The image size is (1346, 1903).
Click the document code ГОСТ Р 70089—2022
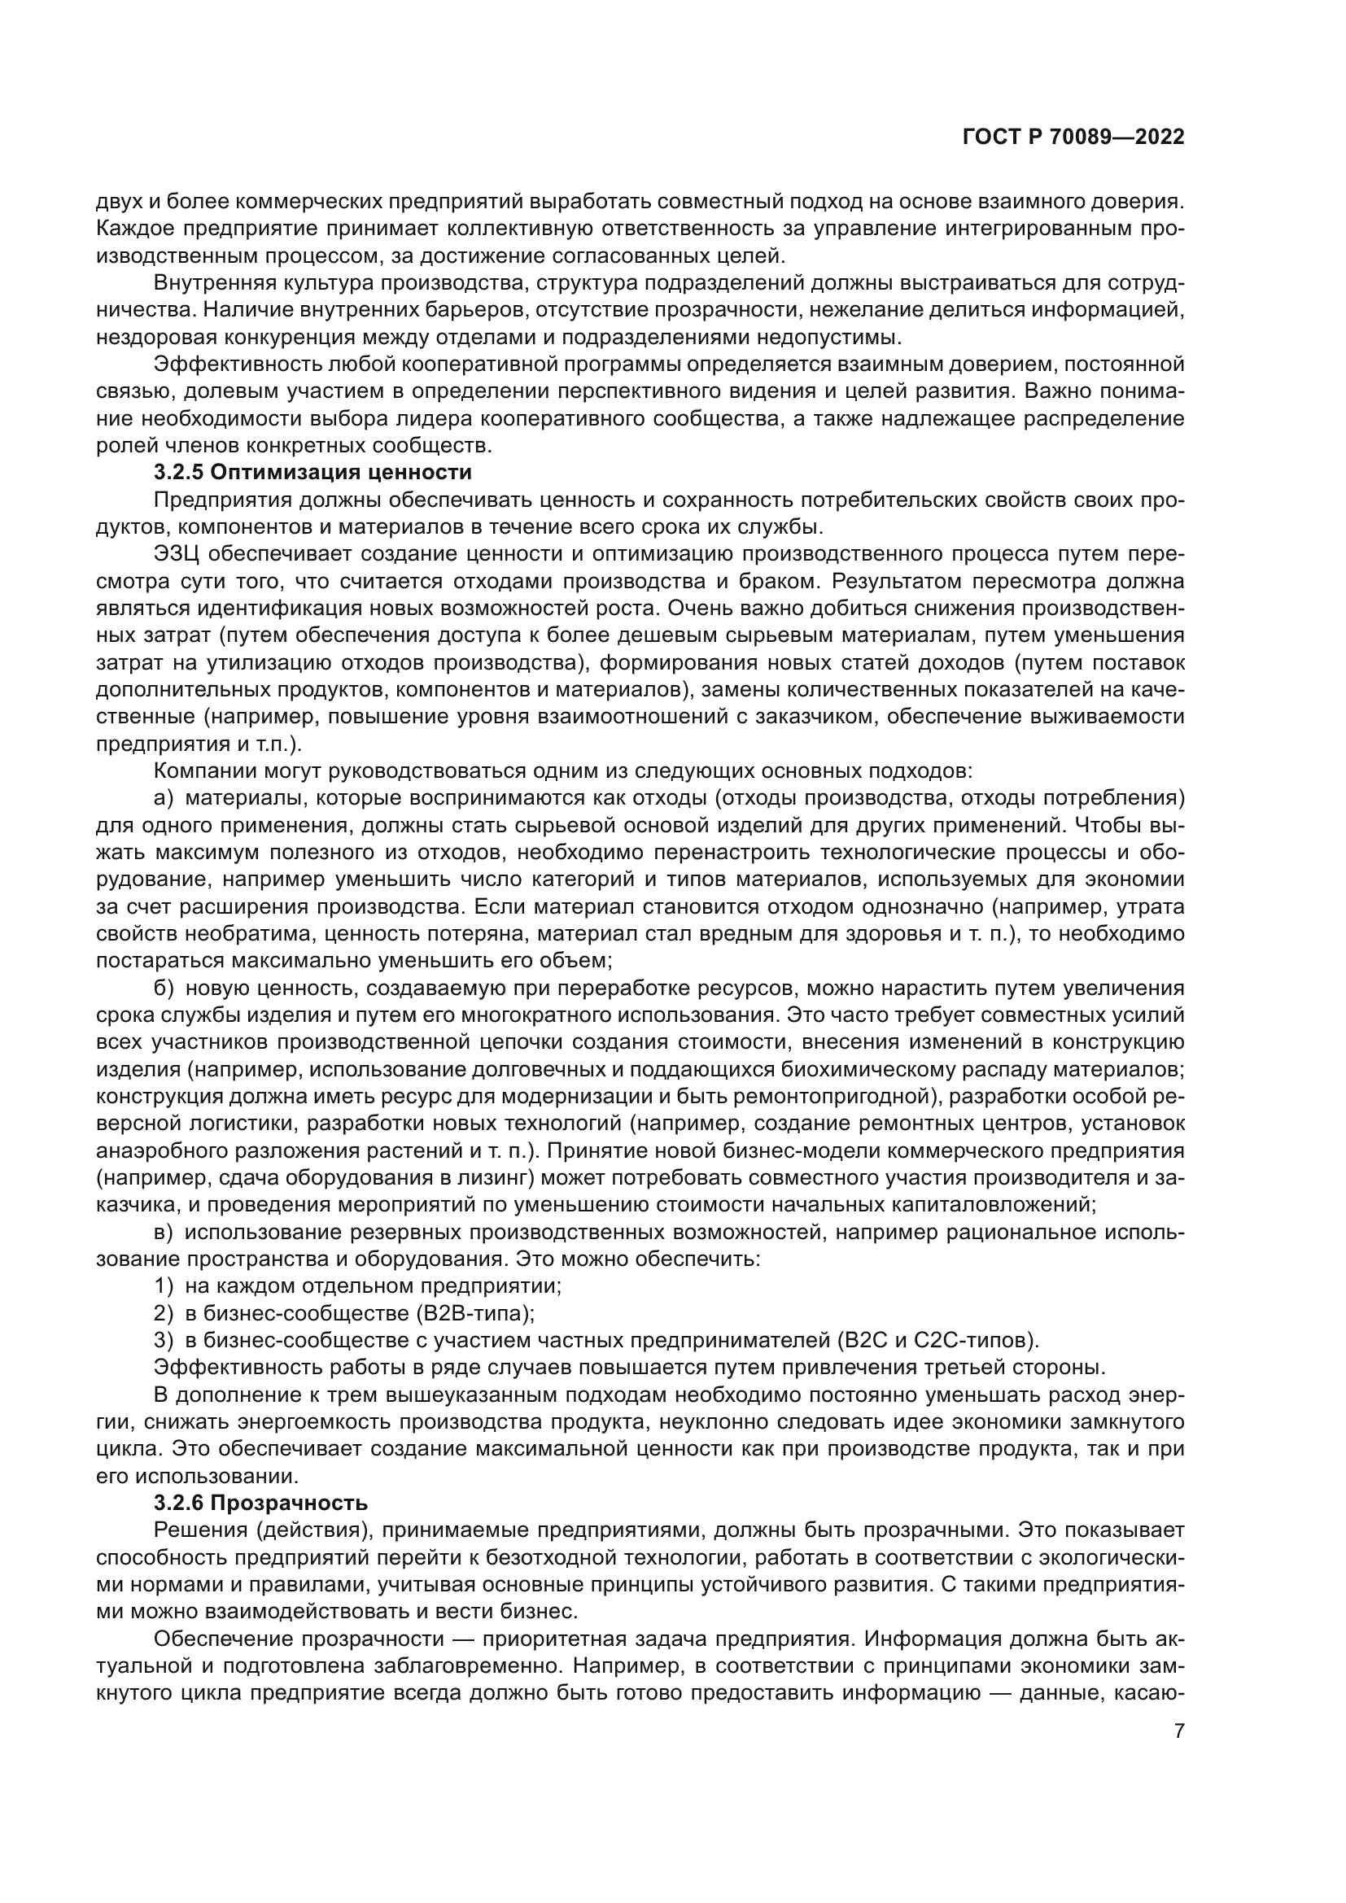(1073, 137)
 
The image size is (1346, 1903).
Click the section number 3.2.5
(178, 474)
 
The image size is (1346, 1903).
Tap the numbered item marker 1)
(164, 1286)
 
